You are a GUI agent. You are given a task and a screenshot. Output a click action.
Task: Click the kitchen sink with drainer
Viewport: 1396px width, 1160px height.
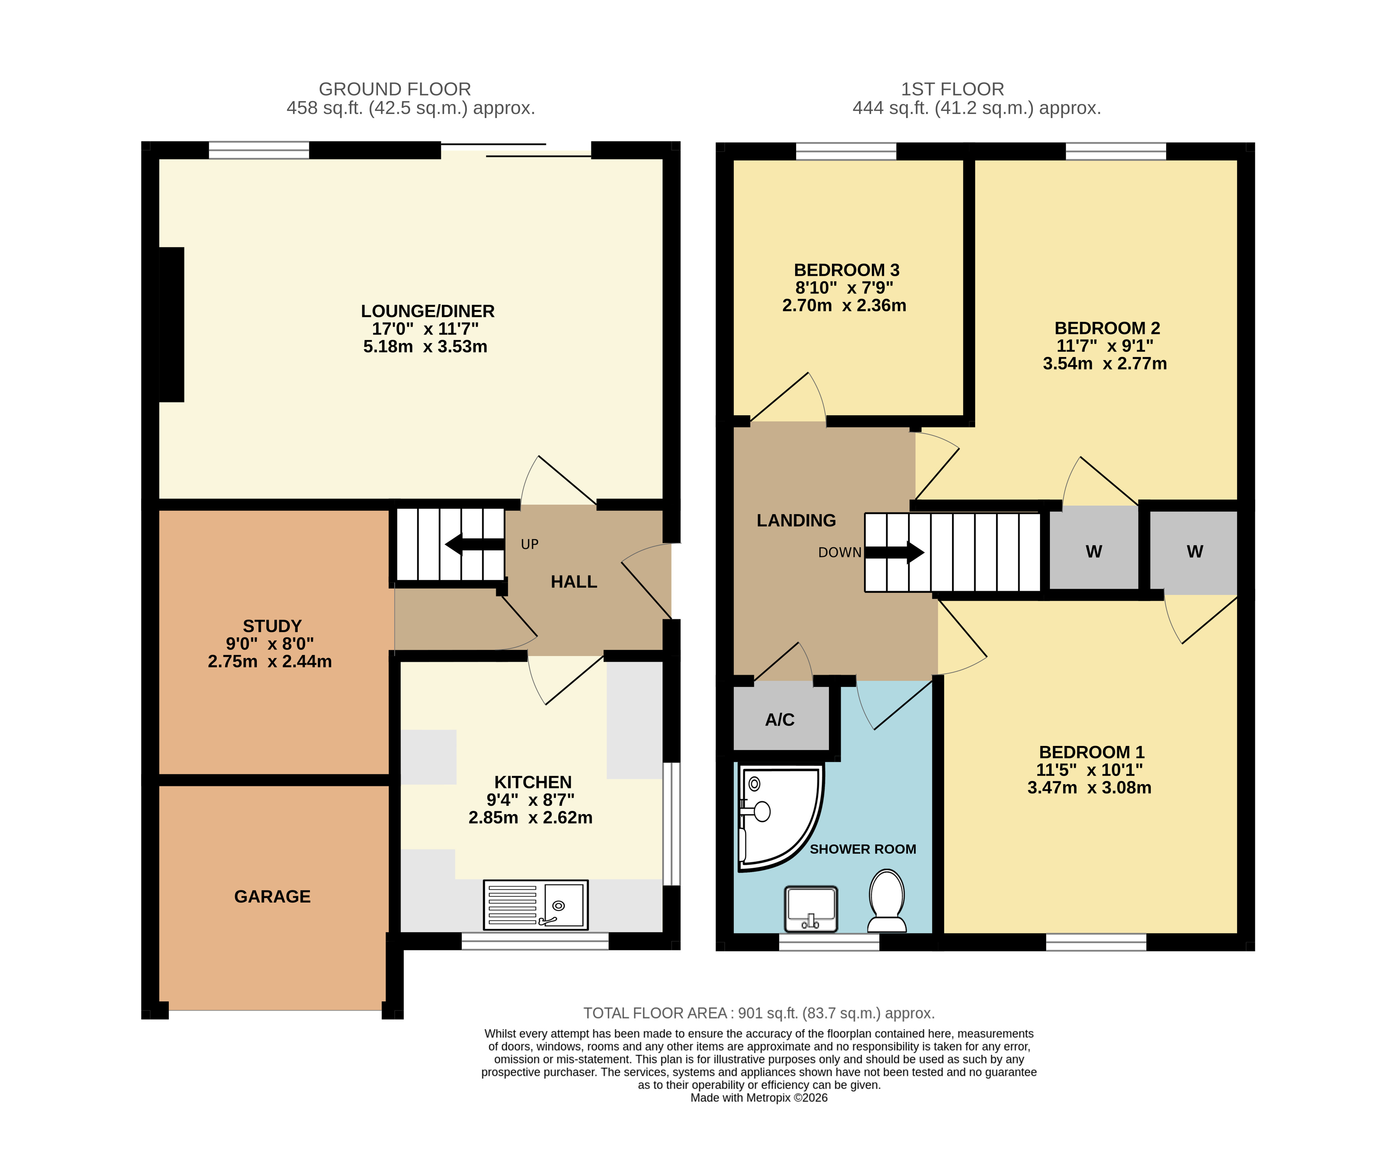click(536, 905)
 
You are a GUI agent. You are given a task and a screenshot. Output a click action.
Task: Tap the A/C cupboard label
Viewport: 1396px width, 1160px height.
click(780, 720)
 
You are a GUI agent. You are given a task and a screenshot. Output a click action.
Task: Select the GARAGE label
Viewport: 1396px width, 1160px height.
click(273, 897)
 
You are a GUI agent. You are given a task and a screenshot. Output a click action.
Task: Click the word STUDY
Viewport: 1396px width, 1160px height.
click(272, 626)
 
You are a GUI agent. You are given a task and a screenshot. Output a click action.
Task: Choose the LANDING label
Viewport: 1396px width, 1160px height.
click(796, 521)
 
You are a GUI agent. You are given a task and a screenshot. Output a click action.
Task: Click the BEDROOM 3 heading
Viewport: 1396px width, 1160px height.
click(846, 270)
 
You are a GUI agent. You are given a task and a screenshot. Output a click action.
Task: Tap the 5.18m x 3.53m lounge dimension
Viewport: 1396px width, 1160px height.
click(425, 346)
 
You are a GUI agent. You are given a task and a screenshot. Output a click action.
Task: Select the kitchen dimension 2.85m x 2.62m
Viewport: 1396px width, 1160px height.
click(531, 818)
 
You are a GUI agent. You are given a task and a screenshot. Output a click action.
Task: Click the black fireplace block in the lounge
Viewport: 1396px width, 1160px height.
click(172, 324)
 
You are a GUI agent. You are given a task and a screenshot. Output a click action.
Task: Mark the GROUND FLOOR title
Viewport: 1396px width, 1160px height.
click(395, 89)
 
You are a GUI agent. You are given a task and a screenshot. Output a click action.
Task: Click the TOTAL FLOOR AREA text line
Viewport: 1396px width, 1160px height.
click(759, 1013)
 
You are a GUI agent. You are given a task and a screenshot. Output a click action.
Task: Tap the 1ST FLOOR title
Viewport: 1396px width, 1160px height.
click(953, 89)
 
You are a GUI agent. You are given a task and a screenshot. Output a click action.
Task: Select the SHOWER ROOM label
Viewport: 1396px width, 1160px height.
click(863, 849)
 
